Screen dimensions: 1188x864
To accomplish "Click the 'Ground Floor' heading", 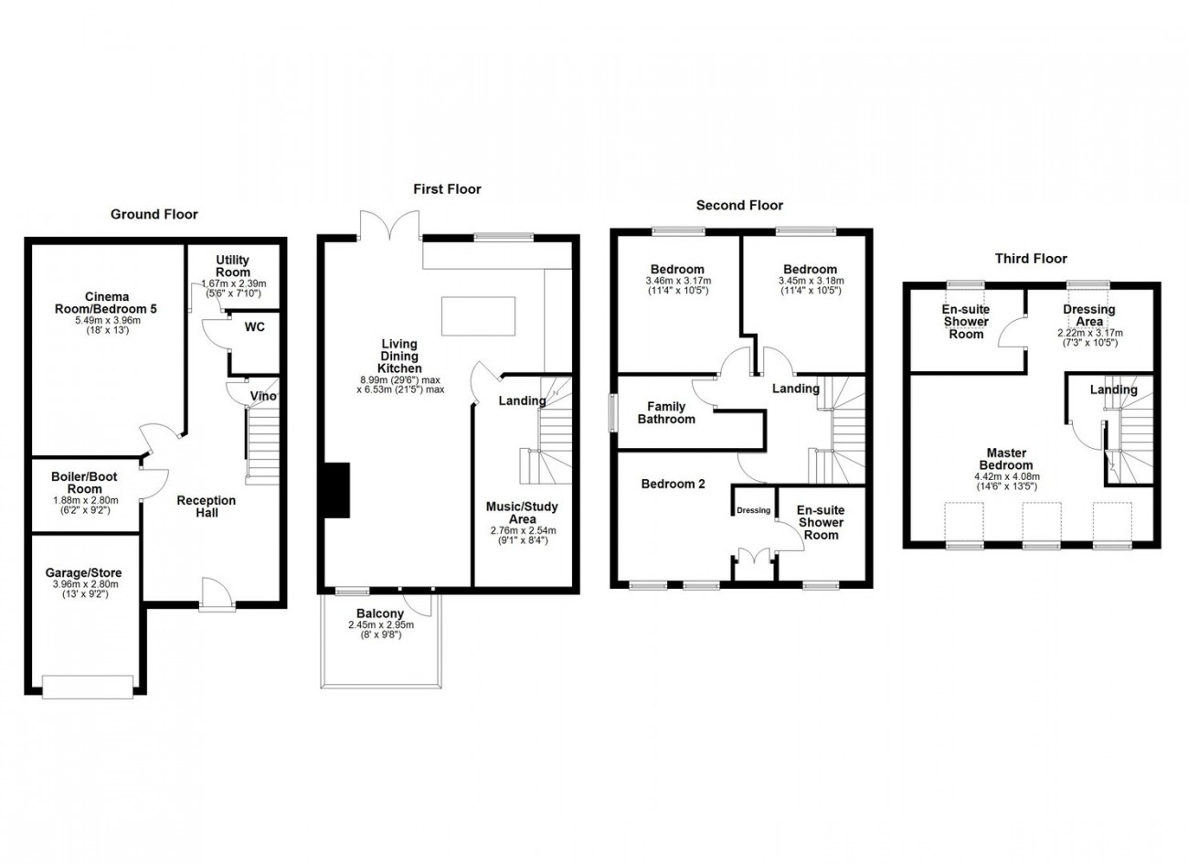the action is (x=154, y=215).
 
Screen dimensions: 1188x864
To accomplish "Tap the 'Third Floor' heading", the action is (x=1031, y=259).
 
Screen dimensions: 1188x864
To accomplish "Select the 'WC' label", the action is (x=255, y=327).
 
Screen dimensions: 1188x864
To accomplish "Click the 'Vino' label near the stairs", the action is (x=263, y=396).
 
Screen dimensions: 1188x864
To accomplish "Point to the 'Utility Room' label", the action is (x=233, y=266).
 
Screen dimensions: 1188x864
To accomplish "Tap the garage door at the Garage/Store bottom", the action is (x=88, y=687).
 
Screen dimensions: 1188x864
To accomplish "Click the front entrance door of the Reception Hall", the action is (x=217, y=594).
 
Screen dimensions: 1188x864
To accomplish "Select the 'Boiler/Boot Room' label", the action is (x=84, y=483).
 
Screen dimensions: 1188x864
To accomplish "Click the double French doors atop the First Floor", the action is (x=390, y=225).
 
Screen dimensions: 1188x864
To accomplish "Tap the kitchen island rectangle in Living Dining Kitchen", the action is (x=478, y=316).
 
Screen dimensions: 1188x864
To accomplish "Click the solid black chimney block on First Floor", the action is (x=337, y=490).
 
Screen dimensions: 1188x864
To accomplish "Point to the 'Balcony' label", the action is (x=380, y=613).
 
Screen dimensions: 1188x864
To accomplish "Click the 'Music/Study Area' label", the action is (x=523, y=513).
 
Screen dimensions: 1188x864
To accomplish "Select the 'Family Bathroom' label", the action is (x=666, y=413).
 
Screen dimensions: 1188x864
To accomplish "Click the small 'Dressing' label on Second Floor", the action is (x=754, y=510).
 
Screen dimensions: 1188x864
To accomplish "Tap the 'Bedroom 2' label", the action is (x=673, y=484).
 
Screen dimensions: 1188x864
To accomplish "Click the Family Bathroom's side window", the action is (x=613, y=412).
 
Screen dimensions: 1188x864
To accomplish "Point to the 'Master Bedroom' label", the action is (x=1007, y=459).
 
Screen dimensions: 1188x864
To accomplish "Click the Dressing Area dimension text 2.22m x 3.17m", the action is (x=1090, y=334).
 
